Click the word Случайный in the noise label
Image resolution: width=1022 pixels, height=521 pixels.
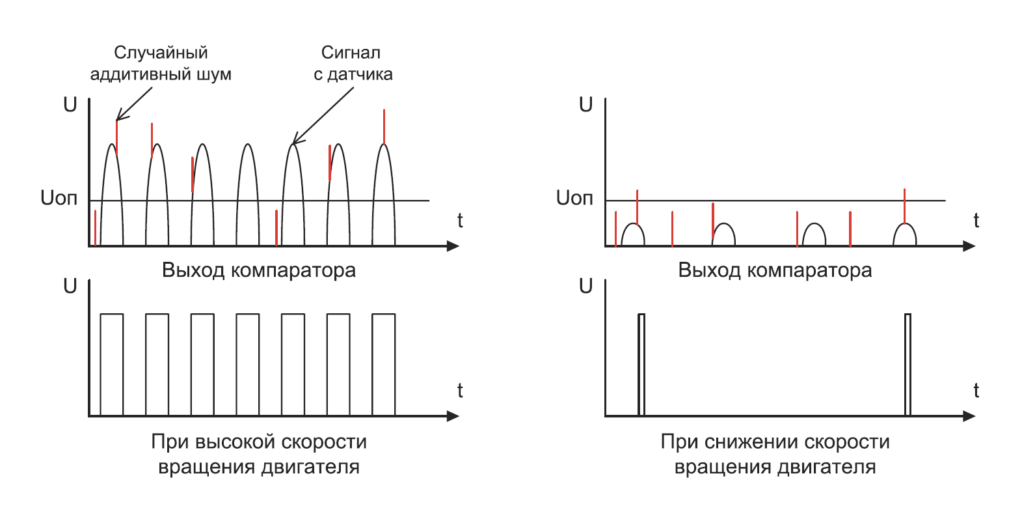click(161, 53)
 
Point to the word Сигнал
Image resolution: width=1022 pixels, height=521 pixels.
click(351, 53)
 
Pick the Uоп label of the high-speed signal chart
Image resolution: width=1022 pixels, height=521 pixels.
click(59, 198)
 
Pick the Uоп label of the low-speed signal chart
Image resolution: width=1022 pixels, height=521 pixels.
click(574, 198)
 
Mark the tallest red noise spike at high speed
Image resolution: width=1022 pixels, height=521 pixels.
click(384, 127)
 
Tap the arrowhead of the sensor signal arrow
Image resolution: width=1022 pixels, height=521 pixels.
click(295, 143)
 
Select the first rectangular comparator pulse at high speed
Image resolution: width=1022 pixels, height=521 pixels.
click(111, 365)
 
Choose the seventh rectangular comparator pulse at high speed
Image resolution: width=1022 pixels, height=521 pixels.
click(383, 365)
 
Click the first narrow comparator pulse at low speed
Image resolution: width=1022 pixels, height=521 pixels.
click(641, 365)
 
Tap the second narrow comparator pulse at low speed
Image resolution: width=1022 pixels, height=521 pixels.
click(908, 365)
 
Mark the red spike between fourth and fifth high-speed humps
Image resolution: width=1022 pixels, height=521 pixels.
click(276, 228)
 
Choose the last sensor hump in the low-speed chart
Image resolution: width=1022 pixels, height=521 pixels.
click(904, 234)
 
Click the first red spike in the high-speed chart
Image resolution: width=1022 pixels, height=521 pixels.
click(96, 228)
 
